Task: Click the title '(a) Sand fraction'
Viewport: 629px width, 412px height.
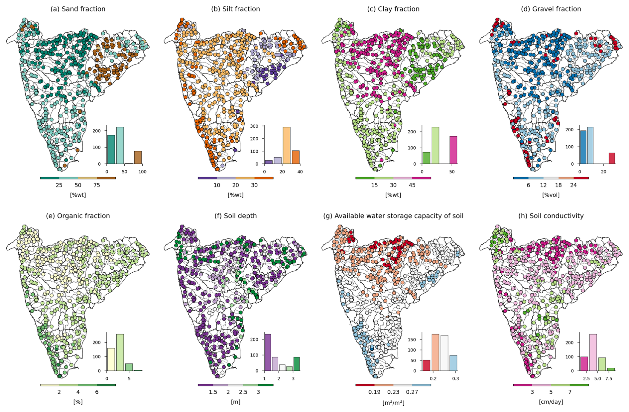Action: pyautogui.click(x=78, y=9)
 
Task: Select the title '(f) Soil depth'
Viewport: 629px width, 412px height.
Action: pyautogui.click(x=235, y=216)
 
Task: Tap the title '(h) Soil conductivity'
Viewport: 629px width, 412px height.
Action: pyautogui.click(x=551, y=216)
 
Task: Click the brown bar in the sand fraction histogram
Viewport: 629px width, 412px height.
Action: pyautogui.click(x=138, y=158)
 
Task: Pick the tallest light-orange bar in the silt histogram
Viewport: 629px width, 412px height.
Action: pyautogui.click(x=286, y=145)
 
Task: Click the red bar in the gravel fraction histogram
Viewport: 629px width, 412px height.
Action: pyautogui.click(x=612, y=158)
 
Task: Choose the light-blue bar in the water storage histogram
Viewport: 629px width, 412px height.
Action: pyautogui.click(x=453, y=363)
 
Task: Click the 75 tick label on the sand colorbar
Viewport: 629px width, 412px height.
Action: pyautogui.click(x=96, y=185)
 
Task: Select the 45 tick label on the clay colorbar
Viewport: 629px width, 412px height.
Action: pyautogui.click(x=412, y=185)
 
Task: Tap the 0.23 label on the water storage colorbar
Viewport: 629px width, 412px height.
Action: pyautogui.click(x=393, y=392)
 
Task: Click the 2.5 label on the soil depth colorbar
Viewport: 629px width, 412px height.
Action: pyautogui.click(x=243, y=392)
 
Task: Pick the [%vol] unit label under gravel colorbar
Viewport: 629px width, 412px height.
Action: pyautogui.click(x=551, y=195)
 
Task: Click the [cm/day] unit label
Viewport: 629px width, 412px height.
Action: pyautogui.click(x=551, y=402)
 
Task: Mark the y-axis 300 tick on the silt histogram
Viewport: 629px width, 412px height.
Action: pyautogui.click(x=254, y=126)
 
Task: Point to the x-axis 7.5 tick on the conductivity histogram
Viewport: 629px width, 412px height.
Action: pyautogui.click(x=609, y=378)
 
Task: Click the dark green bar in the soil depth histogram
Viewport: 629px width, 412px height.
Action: pyautogui.click(x=297, y=364)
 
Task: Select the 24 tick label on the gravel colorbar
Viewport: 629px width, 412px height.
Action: pyautogui.click(x=573, y=185)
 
